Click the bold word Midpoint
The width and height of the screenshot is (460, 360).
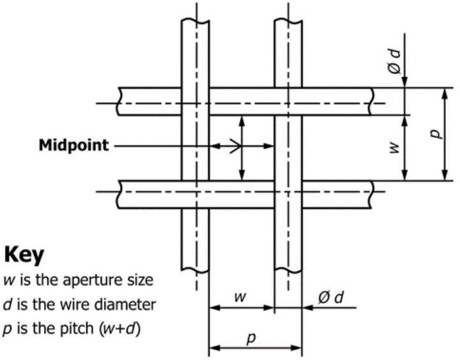point(73,145)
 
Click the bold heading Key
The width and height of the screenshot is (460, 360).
point(24,255)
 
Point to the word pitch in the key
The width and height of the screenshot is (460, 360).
point(77,329)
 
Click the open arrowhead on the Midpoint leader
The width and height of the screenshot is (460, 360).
point(236,146)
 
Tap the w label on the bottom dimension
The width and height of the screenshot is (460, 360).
point(240,297)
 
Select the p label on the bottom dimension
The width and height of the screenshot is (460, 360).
point(251,338)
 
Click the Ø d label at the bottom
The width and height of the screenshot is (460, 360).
point(331,298)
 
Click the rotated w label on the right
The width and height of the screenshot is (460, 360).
point(395,147)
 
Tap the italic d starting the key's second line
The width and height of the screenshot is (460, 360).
point(8,304)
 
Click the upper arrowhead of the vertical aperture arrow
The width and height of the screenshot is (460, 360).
point(241,121)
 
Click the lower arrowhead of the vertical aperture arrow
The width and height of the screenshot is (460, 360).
point(241,175)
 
